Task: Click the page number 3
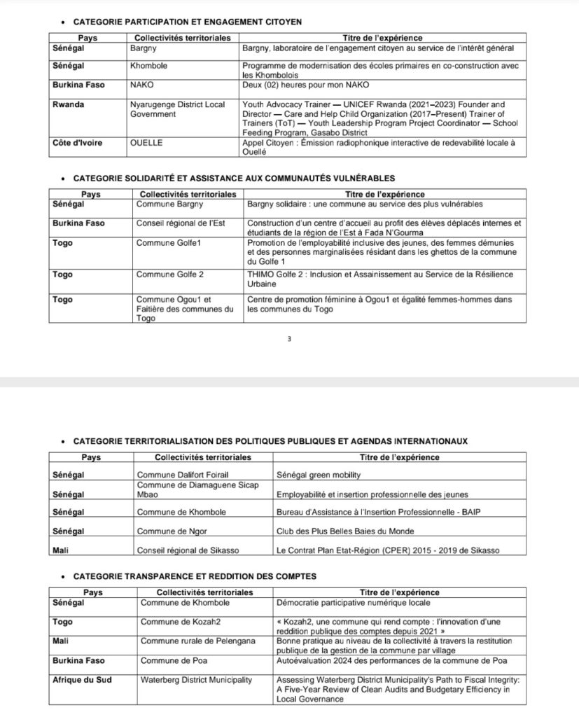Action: [289, 340]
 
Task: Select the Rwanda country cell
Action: [68, 105]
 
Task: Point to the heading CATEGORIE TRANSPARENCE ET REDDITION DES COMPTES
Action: [194, 576]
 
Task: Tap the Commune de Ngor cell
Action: [172, 531]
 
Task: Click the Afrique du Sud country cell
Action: [81, 679]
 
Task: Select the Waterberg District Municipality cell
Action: [197, 679]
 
